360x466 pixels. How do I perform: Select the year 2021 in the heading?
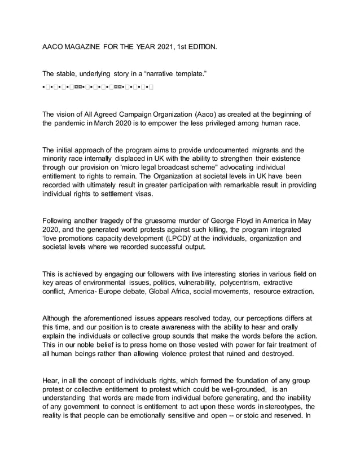pyautogui.click(x=163, y=47)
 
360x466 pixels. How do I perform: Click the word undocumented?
pyautogui.click(x=234, y=150)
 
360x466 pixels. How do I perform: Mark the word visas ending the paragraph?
pyautogui.click(x=141, y=195)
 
